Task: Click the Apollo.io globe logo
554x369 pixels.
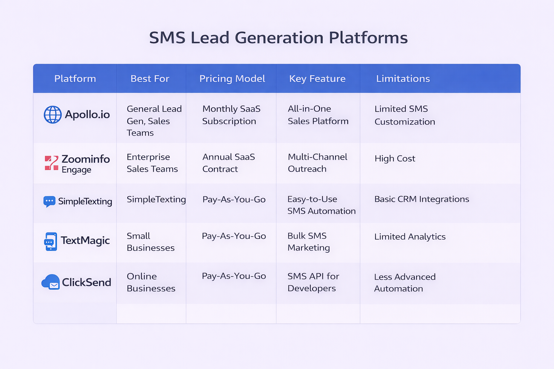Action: click(53, 115)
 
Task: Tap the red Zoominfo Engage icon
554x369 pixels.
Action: click(52, 163)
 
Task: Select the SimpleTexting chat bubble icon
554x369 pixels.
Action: click(49, 201)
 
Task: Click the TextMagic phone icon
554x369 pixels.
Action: click(50, 241)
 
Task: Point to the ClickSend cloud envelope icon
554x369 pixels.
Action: click(51, 282)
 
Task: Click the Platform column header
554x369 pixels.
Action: click(75, 79)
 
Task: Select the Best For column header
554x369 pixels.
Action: click(150, 79)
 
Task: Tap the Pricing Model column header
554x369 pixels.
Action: click(232, 79)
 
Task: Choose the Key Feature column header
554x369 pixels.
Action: click(317, 79)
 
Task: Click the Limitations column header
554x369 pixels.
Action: click(403, 79)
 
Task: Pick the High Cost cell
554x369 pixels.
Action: click(395, 159)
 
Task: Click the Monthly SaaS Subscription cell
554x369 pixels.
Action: click(231, 115)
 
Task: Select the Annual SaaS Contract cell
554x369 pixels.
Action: click(229, 163)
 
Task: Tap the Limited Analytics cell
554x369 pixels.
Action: click(410, 237)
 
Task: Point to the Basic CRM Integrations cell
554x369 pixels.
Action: click(422, 199)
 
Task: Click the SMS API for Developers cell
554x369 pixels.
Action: click(313, 282)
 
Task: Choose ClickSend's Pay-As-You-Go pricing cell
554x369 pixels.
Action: click(234, 276)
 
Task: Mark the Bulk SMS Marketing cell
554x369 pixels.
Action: click(308, 242)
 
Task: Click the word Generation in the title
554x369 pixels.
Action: click(279, 38)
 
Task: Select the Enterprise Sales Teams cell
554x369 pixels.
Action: click(152, 163)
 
